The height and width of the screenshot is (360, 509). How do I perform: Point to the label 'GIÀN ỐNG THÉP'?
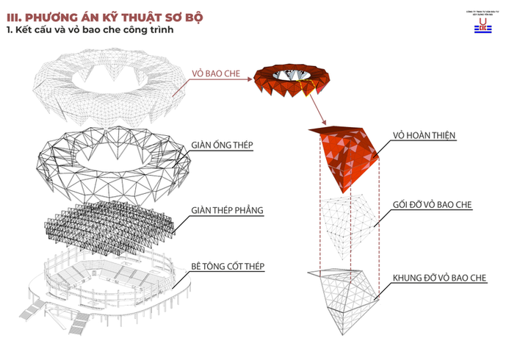pyautogui.click(x=223, y=145)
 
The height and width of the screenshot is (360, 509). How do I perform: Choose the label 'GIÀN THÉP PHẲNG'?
pyautogui.click(x=227, y=212)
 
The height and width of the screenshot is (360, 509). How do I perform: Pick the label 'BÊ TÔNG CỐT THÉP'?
pyautogui.click(x=228, y=264)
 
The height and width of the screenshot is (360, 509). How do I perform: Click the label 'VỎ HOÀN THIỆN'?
pyautogui.click(x=424, y=135)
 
